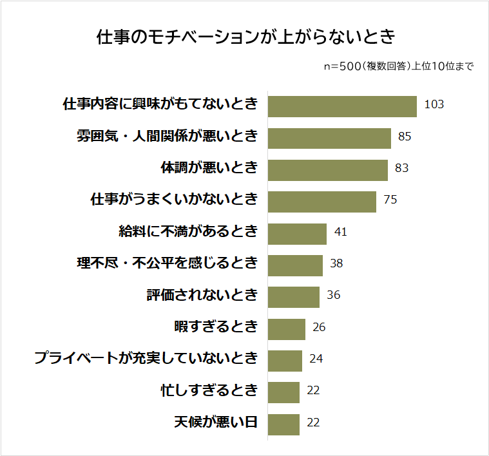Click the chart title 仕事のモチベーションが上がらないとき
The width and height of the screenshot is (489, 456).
tap(245, 36)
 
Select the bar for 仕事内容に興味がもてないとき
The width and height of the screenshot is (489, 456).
tap(342, 106)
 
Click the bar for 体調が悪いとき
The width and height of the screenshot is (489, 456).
tap(327, 170)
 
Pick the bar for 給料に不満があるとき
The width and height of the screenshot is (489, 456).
tap(297, 233)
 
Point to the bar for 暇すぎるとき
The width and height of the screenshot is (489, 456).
tap(286, 328)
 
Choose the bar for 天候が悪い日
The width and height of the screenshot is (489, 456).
tap(283, 424)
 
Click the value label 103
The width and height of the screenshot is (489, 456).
tap(434, 104)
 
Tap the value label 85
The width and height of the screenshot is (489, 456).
tap(405, 137)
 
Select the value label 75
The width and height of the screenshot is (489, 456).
tap(390, 200)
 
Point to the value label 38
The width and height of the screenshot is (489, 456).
tap(336, 263)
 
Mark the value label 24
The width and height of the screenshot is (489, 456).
tap(316, 359)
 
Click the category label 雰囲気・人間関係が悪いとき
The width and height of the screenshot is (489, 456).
tap(167, 137)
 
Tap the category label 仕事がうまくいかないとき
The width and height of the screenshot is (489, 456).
tap(174, 200)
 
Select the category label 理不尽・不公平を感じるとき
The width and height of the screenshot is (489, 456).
tap(167, 263)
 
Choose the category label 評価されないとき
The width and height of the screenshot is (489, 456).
tap(202, 295)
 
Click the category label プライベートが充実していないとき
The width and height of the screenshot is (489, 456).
tap(146, 359)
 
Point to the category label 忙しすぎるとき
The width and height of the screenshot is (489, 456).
tap(209, 390)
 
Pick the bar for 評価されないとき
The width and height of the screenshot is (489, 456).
tap(293, 297)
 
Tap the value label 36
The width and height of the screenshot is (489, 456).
tap(333, 295)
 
